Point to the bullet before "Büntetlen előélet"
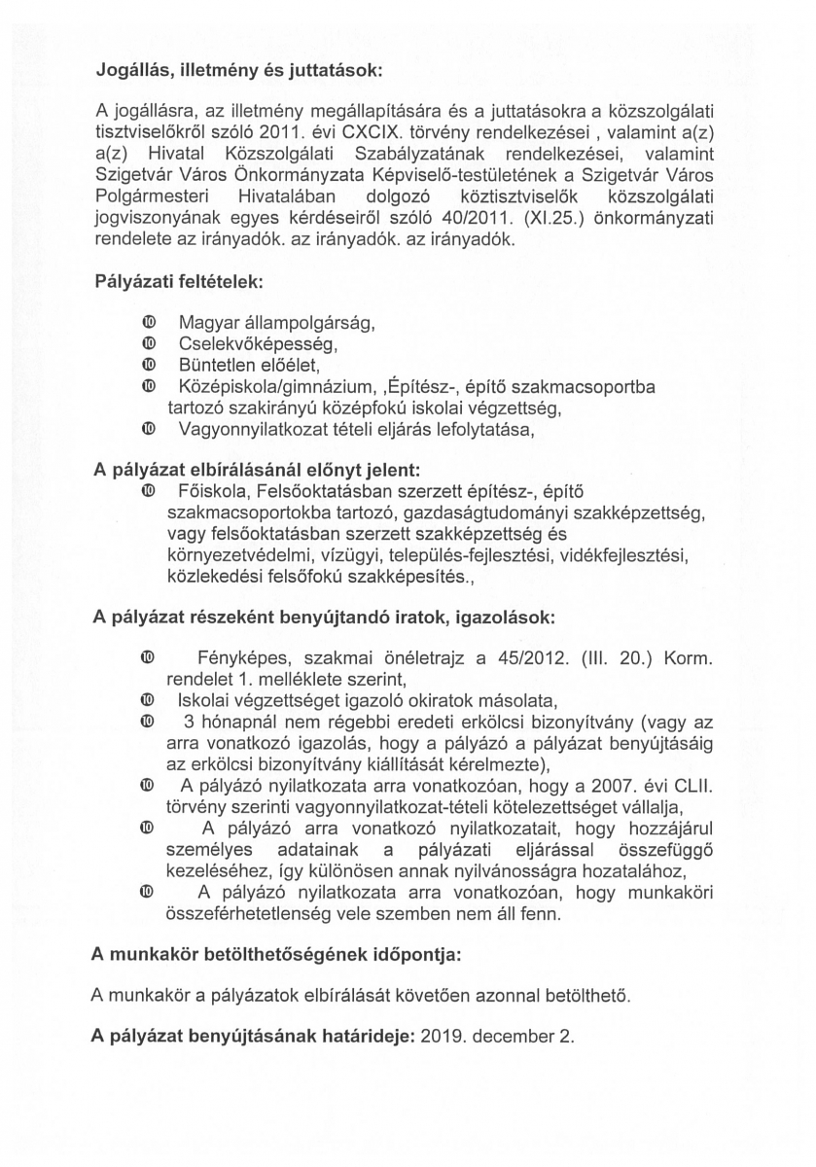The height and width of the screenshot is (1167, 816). click(x=148, y=365)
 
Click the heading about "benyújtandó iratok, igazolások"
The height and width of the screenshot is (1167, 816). click(x=324, y=617)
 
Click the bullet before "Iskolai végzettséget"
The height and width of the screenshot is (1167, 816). click(x=148, y=699)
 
